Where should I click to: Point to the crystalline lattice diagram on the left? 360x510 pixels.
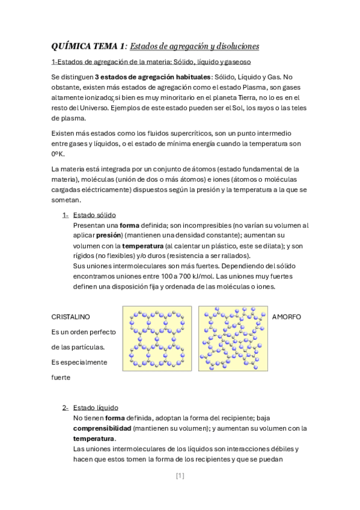click(157, 338)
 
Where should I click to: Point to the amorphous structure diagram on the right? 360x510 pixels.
click(233, 338)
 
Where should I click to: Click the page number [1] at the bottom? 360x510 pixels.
click(180, 476)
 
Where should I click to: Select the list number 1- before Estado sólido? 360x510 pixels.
click(65, 215)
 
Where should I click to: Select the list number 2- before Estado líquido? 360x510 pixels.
click(65, 407)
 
